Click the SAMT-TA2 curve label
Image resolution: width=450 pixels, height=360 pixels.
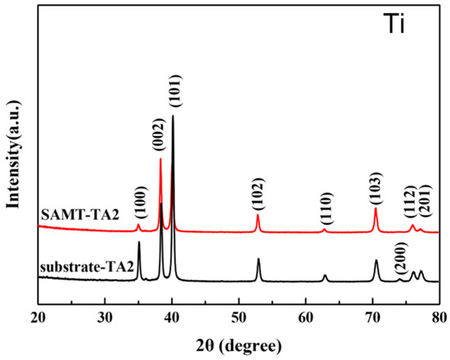tap(74, 214)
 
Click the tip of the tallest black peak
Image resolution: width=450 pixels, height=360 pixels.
tap(173, 116)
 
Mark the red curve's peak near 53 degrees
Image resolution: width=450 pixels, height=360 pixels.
tap(258, 215)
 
